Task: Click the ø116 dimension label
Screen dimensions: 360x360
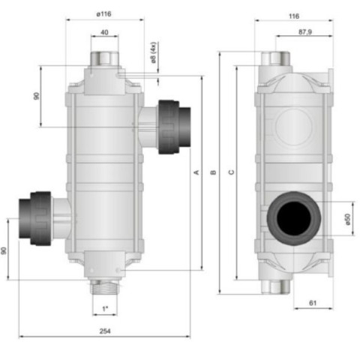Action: [x=103, y=14]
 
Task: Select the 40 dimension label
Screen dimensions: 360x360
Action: [x=104, y=32]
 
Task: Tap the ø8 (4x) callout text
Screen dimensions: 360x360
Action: [x=153, y=52]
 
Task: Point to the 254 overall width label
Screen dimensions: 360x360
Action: [x=105, y=331]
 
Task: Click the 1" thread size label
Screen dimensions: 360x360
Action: [x=105, y=309]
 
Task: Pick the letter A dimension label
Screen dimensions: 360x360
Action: [x=196, y=172]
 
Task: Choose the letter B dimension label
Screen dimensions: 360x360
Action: [x=213, y=172]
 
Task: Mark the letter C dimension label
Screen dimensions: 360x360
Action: [x=232, y=172]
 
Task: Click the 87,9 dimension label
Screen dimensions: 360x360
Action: [x=305, y=32]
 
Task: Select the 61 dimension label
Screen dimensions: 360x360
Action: [x=313, y=303]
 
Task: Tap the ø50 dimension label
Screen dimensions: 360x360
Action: [x=348, y=219]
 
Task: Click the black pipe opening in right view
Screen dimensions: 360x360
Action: [x=294, y=218]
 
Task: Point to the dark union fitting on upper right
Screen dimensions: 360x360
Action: [x=175, y=127]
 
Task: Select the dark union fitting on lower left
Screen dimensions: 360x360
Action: [x=35, y=218]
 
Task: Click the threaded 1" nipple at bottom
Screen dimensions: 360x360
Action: [x=104, y=287]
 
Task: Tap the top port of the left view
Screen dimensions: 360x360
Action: [x=104, y=58]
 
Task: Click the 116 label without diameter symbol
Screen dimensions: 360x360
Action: [x=294, y=16]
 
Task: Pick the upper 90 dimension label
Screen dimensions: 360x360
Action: [x=37, y=96]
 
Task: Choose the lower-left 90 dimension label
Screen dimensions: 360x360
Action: [x=4, y=250]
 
